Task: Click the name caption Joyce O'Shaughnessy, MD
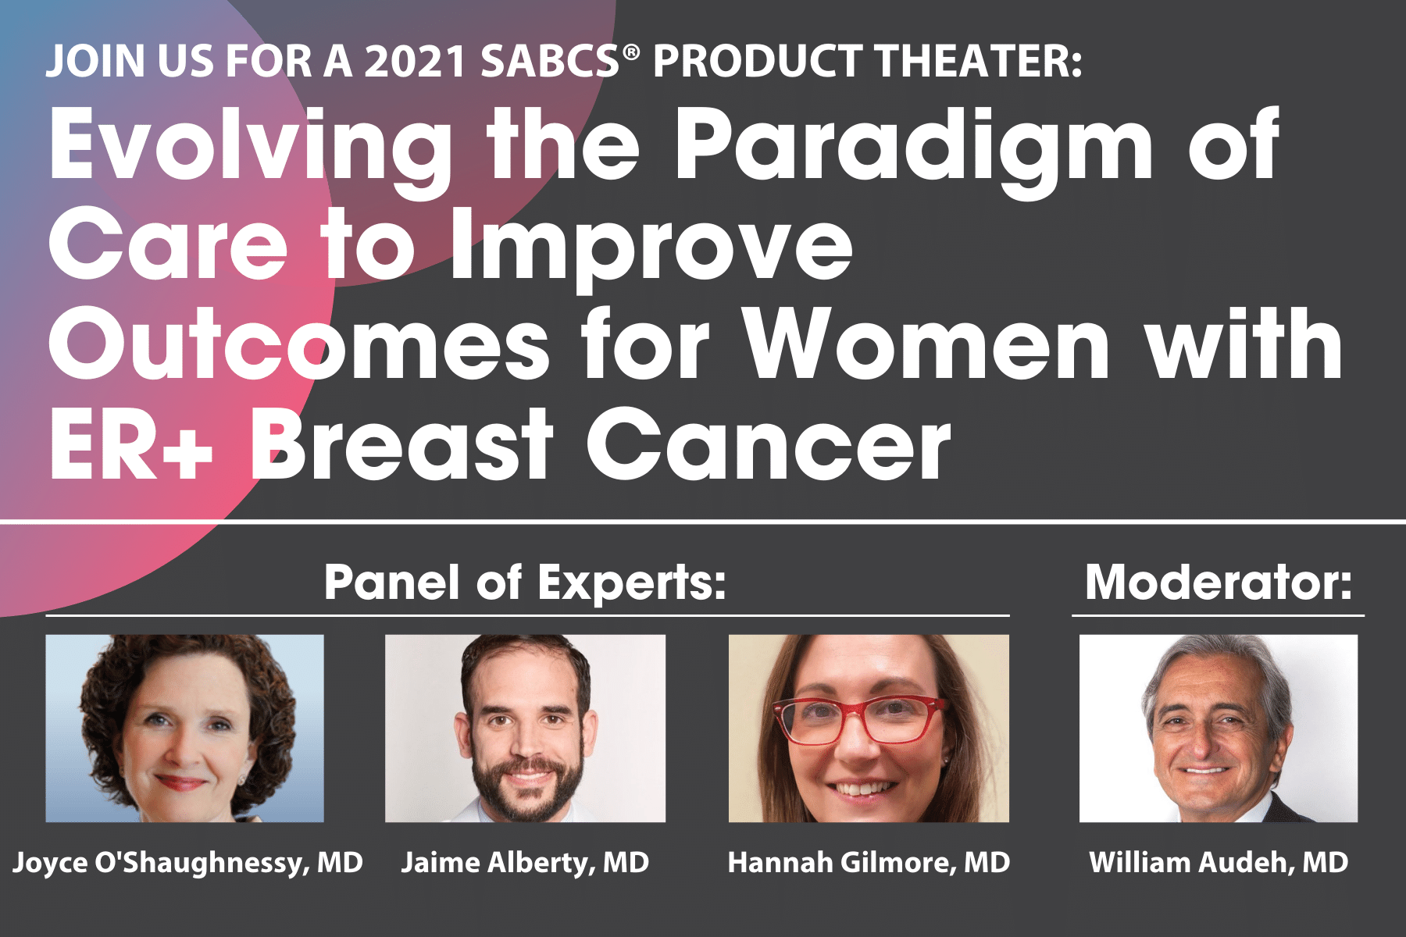187,864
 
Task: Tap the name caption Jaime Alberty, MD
525,864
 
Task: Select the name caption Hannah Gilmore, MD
869,864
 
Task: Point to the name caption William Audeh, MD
1219,864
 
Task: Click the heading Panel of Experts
525,583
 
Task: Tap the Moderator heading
1219,583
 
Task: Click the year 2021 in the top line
416,62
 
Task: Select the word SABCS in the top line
550,62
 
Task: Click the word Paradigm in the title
913,153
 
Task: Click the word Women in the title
926,344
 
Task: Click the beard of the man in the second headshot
528,785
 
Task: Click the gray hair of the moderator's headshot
1219,672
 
